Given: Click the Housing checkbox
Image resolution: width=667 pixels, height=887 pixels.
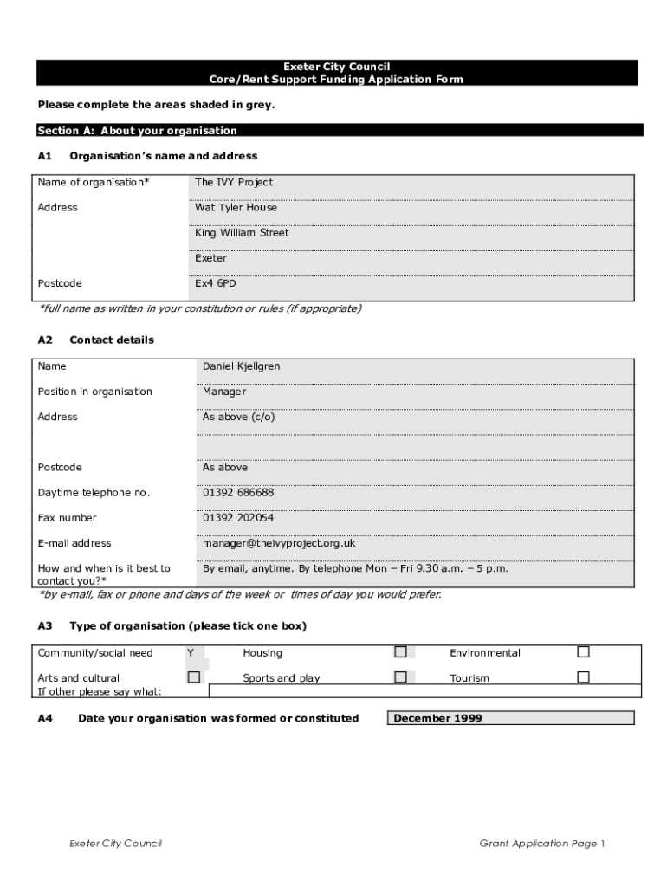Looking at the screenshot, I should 400,652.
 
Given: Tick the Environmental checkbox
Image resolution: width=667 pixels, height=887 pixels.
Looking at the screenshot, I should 583,652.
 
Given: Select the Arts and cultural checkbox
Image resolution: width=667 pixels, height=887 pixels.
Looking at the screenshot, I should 194,677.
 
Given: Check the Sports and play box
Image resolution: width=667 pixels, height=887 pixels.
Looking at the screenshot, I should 400,677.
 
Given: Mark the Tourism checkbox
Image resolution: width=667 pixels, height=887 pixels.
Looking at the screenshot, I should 583,677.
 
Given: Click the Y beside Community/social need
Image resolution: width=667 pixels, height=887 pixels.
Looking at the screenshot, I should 191,653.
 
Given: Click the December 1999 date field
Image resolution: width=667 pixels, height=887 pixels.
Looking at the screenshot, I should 511,718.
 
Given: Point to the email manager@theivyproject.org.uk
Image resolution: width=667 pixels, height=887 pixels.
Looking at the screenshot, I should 279,543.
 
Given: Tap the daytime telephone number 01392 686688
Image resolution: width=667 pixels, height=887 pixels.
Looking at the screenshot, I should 238,493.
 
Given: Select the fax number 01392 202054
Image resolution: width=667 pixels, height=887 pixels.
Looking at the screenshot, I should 238,518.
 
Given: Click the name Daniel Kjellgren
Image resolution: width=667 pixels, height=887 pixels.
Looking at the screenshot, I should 241,366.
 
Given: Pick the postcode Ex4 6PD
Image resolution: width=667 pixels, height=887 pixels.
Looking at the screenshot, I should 215,283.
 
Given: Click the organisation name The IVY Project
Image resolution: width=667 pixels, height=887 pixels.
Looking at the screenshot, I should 234,182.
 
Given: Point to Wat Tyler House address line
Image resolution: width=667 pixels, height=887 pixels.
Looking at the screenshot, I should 236,208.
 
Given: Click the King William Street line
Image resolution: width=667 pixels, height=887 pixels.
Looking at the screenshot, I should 242,233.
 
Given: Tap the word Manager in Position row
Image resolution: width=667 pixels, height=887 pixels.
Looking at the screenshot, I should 224,392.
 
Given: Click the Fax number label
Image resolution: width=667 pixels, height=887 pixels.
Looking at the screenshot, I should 68,518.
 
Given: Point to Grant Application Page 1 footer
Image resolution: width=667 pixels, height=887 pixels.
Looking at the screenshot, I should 542,844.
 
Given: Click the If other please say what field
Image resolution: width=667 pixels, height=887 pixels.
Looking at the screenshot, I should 424,691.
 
